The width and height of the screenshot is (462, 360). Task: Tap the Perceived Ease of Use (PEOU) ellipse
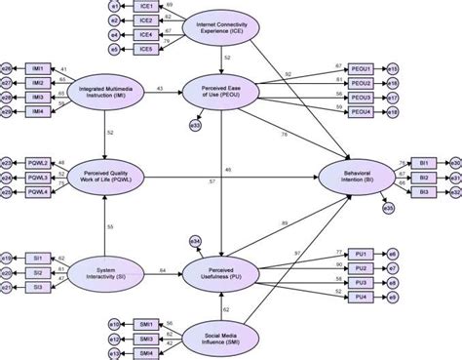coord(222,91)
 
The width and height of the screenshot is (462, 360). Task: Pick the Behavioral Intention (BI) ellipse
coord(359,177)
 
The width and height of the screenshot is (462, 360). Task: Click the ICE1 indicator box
coord(145,7)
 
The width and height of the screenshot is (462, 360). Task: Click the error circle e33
coord(196,124)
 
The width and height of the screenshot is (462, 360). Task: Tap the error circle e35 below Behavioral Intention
coord(388,207)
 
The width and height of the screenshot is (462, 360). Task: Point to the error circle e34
coord(195,239)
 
